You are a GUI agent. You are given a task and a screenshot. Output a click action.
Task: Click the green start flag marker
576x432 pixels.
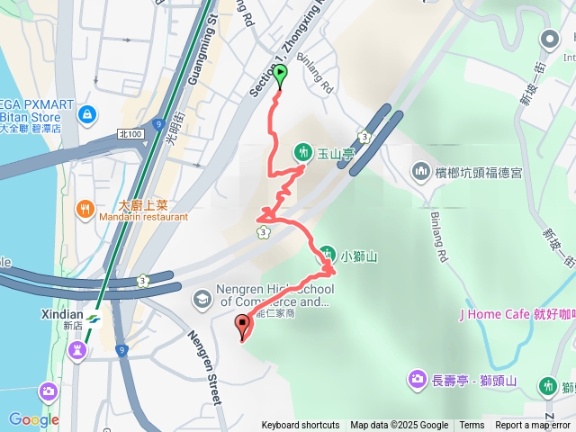pos(280,76)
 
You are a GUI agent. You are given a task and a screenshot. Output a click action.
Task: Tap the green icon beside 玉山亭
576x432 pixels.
pos(302,152)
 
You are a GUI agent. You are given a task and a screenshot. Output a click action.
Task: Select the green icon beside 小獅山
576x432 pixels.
pos(328,255)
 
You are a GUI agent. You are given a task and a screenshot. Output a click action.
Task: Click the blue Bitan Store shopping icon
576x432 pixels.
pos(86,115)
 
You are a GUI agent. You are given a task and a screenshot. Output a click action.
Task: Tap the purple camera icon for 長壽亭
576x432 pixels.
pos(417,379)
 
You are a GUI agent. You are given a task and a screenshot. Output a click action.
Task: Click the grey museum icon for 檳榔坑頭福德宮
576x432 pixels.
pos(420,171)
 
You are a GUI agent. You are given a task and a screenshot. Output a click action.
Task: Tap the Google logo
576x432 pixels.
pos(33,419)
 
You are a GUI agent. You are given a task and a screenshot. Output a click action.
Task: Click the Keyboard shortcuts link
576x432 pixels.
pos(301,426)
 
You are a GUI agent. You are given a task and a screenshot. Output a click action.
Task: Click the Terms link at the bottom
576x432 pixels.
pos(472,426)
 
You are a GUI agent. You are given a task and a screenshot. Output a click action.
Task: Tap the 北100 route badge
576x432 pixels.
pos(130,134)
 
